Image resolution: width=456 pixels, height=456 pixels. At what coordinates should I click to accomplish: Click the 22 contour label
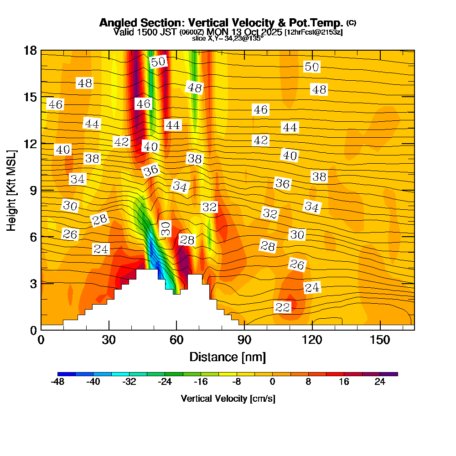283,307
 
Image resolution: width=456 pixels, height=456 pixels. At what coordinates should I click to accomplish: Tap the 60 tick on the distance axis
176,340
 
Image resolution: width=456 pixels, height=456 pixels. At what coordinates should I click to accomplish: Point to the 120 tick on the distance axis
312,340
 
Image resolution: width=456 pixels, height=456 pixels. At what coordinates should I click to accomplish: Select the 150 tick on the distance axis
380,340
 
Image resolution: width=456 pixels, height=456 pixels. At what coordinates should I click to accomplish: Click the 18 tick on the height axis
31,51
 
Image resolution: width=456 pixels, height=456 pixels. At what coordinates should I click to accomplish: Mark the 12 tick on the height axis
31,143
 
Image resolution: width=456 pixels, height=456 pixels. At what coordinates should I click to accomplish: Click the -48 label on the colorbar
58,382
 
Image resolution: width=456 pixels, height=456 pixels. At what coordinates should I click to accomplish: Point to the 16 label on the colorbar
344,382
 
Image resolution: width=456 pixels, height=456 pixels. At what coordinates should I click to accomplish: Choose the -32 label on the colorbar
130,382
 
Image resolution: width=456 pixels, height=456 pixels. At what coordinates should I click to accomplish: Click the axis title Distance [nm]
228,357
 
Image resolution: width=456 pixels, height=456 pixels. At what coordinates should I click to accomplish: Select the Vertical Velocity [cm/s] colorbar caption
228,399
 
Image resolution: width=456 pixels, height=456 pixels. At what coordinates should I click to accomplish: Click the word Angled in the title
117,23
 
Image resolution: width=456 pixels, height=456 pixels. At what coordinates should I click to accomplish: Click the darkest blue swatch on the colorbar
62,374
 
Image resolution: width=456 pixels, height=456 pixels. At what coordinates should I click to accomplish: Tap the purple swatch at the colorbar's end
393,374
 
